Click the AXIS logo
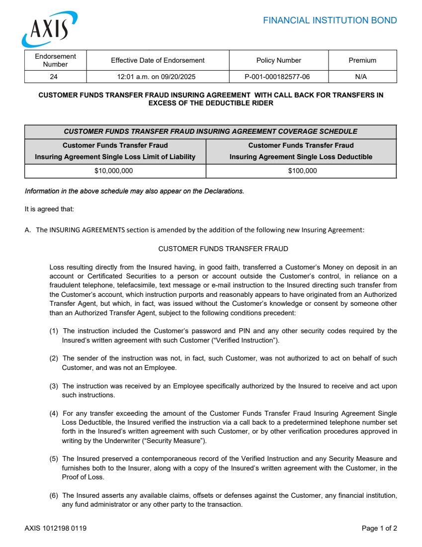49,29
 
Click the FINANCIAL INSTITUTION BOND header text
330,20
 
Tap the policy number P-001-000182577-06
278,77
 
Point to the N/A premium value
362,77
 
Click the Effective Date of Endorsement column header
158,60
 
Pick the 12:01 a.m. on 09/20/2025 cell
158,77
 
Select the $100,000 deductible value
302,171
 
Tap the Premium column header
362,60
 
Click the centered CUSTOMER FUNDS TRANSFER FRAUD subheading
223,249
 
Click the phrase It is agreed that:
49,209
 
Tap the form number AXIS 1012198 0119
56,529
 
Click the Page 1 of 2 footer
379,529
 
